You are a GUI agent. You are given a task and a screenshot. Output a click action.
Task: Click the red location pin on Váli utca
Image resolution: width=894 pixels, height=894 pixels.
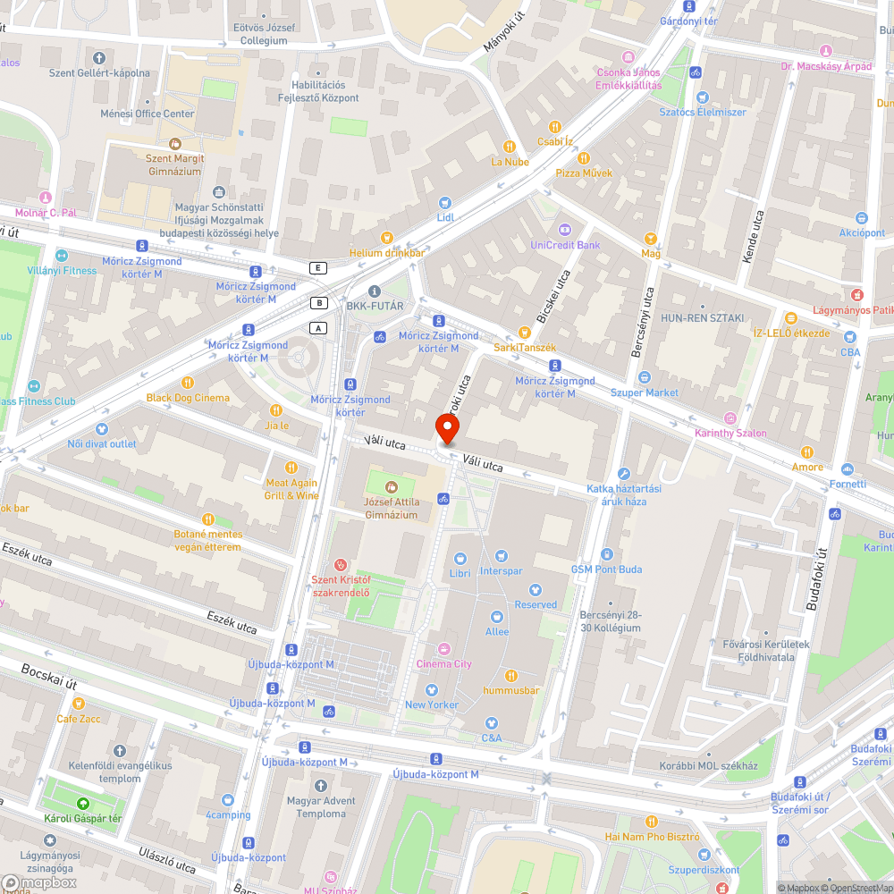[x=445, y=430]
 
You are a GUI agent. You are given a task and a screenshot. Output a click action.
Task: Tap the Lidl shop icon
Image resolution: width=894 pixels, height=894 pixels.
[x=445, y=203]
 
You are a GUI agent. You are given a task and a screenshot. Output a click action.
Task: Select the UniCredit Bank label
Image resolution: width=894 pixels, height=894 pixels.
[x=565, y=244]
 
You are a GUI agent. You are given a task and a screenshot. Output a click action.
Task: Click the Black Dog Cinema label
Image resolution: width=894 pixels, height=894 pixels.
[x=188, y=398]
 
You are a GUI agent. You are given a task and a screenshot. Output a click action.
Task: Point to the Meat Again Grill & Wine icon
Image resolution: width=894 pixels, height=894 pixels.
[x=291, y=468]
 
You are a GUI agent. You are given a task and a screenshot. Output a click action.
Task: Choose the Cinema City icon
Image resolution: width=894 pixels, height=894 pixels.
[x=444, y=649]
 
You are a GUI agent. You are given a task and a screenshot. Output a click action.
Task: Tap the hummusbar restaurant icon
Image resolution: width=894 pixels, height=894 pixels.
[x=511, y=676]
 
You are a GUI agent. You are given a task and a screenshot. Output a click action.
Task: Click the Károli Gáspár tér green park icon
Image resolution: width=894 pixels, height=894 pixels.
[x=82, y=804]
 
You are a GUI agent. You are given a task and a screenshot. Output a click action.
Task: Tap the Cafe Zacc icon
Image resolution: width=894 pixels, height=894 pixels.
[x=79, y=704]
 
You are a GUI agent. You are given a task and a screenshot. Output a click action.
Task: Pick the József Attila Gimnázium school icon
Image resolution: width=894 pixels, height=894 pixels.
[x=391, y=487]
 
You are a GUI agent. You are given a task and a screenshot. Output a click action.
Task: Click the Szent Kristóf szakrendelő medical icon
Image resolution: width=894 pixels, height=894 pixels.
[x=340, y=565]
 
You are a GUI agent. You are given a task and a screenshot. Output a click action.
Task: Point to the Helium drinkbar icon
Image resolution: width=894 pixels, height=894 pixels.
[x=386, y=238]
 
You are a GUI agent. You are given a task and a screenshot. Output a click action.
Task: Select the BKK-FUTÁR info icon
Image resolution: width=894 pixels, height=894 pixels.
[x=375, y=291]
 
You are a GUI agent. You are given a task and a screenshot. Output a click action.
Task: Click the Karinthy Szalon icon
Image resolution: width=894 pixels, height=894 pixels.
[x=730, y=418]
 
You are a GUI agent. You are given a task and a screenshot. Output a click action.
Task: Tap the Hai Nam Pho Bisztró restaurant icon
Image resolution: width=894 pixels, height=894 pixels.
[x=652, y=821]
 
